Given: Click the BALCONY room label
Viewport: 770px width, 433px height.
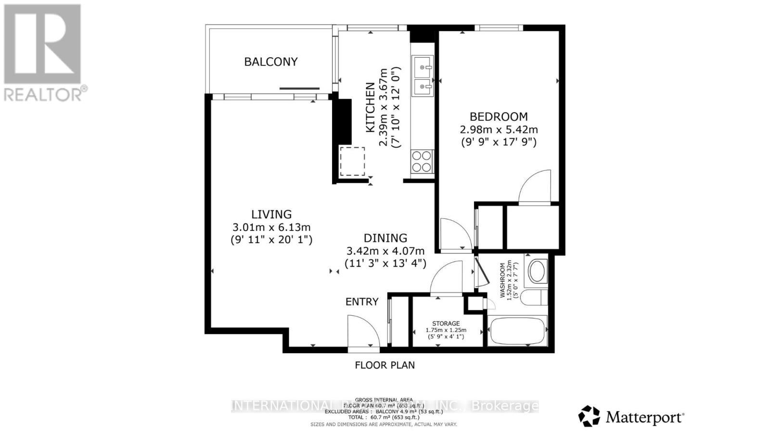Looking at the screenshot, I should point(270,62).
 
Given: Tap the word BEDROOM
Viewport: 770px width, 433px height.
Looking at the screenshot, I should point(499,116).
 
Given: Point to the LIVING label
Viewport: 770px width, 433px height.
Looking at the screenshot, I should point(271,214).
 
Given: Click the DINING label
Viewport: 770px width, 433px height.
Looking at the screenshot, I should point(385,238).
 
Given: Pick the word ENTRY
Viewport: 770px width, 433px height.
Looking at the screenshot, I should point(362,302).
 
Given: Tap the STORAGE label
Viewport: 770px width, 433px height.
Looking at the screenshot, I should point(446,323).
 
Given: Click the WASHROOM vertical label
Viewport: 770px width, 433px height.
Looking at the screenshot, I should point(502,280).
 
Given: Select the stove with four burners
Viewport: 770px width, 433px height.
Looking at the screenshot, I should point(422,161).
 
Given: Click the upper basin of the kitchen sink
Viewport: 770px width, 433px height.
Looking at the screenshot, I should point(423,64).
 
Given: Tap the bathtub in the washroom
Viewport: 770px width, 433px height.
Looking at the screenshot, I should point(517,331).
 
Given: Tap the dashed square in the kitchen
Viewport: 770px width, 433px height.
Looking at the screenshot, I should point(352,162).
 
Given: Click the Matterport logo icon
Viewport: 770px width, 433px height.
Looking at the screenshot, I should point(589,416).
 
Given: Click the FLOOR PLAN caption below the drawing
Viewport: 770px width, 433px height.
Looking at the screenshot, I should point(385,365).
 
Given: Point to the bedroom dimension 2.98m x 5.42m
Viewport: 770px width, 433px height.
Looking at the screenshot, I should point(499,129).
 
